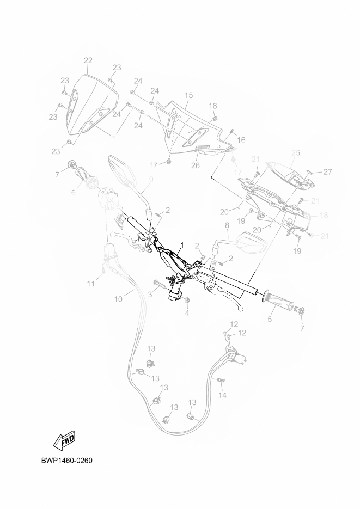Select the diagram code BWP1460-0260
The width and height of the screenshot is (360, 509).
67,461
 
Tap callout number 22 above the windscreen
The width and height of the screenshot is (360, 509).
88,60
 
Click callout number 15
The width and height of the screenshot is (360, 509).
188,95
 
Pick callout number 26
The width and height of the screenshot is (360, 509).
195,166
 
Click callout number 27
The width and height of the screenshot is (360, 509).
327,172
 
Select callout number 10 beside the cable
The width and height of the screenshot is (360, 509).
118,299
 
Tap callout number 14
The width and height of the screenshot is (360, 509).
222,396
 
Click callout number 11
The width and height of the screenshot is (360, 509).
91,284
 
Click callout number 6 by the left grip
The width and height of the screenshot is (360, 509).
73,192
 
